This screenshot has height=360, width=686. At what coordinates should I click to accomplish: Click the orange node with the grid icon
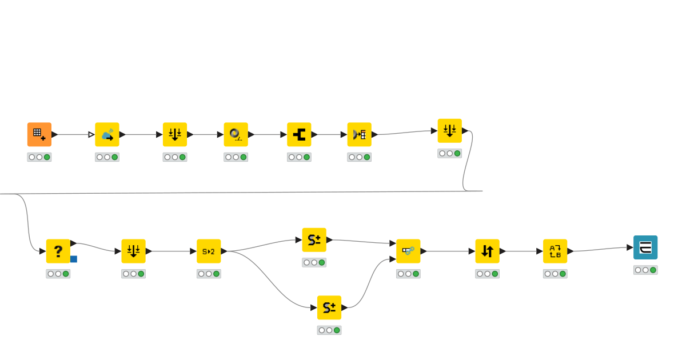[39, 134]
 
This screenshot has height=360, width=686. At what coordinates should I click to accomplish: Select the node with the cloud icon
[107, 134]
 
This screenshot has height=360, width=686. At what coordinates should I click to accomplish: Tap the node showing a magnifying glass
[236, 134]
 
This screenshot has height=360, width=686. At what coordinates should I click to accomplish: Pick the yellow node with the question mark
[58, 251]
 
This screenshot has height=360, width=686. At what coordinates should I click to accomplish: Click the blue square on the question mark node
[74, 259]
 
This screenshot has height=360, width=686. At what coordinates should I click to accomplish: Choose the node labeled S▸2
[209, 251]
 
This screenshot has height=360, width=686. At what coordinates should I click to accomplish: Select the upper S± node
[314, 240]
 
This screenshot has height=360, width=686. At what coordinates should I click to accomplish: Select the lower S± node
[329, 307]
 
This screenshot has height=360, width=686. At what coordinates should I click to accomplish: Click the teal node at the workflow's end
[645, 247]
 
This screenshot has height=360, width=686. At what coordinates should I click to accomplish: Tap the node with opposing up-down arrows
[487, 251]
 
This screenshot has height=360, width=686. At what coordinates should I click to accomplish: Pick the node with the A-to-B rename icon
[555, 251]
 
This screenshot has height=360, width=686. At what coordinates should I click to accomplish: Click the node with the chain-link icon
[408, 251]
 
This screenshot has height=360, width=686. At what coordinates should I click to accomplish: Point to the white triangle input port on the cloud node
[91, 135]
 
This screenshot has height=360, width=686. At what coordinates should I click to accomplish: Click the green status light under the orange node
[47, 157]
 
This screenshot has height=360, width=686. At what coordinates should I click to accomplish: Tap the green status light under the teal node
[653, 270]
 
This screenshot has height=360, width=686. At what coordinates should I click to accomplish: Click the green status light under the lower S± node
[337, 330]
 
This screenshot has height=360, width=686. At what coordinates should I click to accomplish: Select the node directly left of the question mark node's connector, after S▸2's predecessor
[133, 251]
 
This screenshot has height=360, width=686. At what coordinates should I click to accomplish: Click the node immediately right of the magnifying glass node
[299, 134]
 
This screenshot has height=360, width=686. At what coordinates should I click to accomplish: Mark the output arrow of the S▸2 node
[224, 251]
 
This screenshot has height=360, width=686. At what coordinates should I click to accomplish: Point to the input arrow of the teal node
[629, 247]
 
